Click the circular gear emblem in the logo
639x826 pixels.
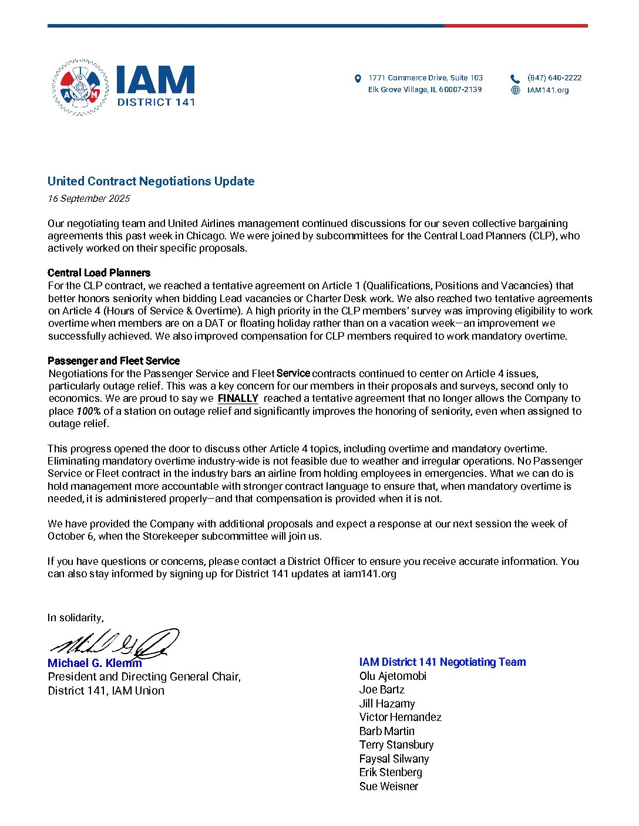pyautogui.click(x=80, y=87)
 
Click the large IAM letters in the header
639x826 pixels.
pyautogui.click(x=155, y=80)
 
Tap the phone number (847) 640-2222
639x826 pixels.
pyautogui.click(x=554, y=77)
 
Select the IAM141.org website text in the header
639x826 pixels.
pyautogui.click(x=548, y=90)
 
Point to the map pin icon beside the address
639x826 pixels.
pyautogui.click(x=358, y=79)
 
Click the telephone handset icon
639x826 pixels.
pyautogui.click(x=515, y=79)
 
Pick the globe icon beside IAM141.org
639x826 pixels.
pyautogui.click(x=516, y=90)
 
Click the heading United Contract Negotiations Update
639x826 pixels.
pyautogui.click(x=151, y=181)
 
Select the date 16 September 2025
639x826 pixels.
pyautogui.click(x=89, y=198)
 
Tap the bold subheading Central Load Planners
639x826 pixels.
pyautogui.click(x=99, y=273)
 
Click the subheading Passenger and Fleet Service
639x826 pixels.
pyautogui.click(x=113, y=361)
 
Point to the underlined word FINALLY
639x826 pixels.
pyautogui.click(x=238, y=398)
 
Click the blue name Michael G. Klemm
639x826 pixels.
pyautogui.click(x=95, y=663)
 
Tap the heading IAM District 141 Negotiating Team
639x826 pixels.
pyautogui.click(x=442, y=662)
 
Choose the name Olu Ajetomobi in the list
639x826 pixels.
pyautogui.click(x=393, y=676)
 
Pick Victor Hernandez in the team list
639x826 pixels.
pyautogui.click(x=400, y=717)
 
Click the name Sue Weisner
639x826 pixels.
pyautogui.click(x=389, y=786)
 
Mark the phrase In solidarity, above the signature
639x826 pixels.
pyautogui.click(x=76, y=617)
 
